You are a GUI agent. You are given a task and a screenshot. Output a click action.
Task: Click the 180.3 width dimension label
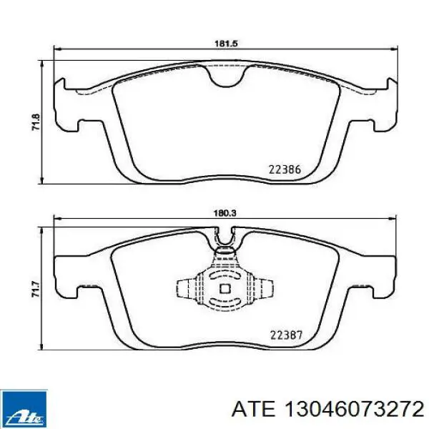[226, 212]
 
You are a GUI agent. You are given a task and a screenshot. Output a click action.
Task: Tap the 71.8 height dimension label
[36, 122]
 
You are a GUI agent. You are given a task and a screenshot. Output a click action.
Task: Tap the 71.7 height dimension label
[36, 289]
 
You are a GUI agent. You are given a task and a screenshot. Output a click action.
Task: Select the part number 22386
[285, 169]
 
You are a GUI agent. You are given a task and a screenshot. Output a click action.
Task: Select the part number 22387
[286, 335]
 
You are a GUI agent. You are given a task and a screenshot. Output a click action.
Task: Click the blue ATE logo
[24, 409]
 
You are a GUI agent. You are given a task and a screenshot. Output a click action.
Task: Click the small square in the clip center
[225, 288]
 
